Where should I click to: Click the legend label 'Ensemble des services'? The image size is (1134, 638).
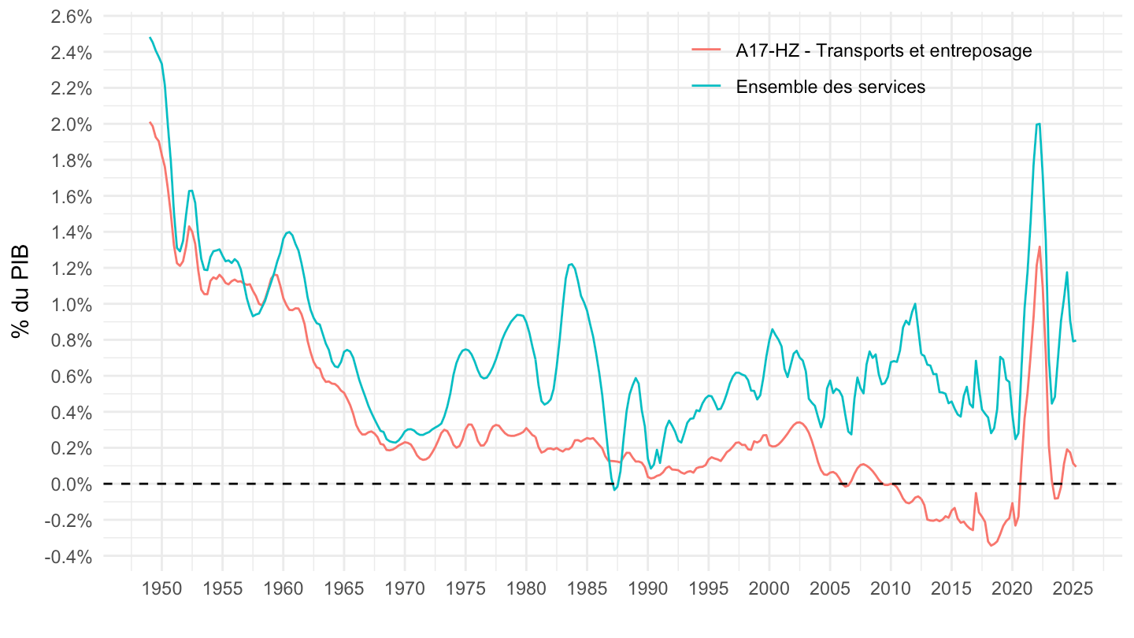(x=830, y=87)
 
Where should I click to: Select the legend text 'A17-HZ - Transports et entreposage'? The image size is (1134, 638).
(x=884, y=51)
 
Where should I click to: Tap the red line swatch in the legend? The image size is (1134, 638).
(x=706, y=51)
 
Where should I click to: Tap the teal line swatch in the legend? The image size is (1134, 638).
(x=706, y=87)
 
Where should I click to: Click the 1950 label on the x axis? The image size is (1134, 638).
(x=161, y=590)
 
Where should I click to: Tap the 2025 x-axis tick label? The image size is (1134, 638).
(x=1073, y=590)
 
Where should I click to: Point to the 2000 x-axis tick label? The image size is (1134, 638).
(x=769, y=590)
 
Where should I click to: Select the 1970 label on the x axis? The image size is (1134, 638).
(x=405, y=590)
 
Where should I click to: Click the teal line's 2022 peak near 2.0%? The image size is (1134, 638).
(x=1038, y=124)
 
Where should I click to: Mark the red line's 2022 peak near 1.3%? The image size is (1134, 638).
(x=1039, y=247)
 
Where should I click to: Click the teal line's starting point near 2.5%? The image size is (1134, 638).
(x=150, y=38)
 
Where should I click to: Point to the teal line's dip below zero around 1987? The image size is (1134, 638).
(x=614, y=490)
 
